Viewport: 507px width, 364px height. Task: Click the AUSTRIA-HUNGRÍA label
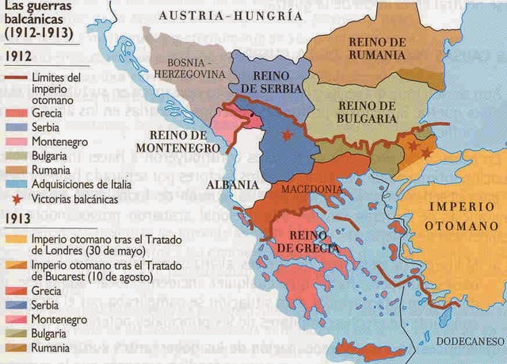pyautogui.click(x=230, y=14)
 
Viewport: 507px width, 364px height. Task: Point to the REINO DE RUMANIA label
pyautogui.click(x=377, y=48)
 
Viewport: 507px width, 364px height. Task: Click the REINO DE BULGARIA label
pyautogui.click(x=367, y=112)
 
